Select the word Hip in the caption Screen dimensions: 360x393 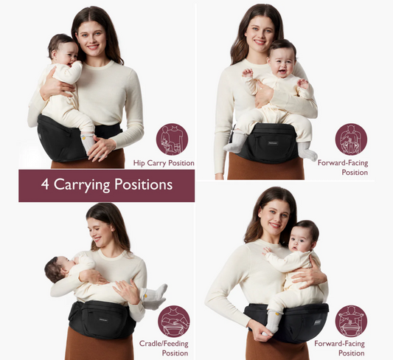point(139,162)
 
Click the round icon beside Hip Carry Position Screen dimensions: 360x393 point(172,139)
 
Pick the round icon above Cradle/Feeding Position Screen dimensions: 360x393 point(174,321)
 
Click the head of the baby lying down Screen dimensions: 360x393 point(56,269)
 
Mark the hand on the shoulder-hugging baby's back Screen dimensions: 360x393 point(317,277)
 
